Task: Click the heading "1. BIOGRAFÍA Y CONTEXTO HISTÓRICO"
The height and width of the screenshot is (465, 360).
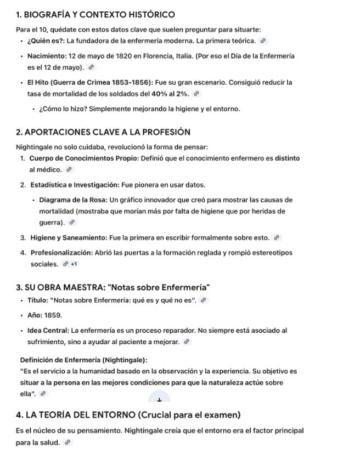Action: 95,15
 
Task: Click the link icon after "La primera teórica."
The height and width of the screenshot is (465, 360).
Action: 263,41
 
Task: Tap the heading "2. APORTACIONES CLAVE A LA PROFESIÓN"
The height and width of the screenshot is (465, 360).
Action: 103,132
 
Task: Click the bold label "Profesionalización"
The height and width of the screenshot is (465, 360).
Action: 61,253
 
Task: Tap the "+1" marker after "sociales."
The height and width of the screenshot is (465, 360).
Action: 74,264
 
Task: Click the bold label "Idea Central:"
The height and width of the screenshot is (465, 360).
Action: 48,331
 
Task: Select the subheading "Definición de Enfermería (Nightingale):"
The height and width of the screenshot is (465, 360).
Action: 83,360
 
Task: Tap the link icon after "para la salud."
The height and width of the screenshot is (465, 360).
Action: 67,443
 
